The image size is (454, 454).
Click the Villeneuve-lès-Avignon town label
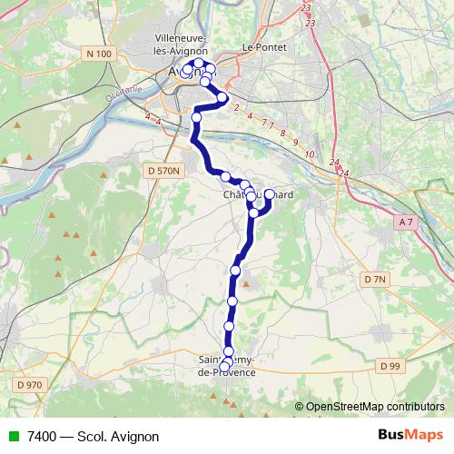tap(182, 44)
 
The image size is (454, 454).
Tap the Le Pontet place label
tap(259, 46)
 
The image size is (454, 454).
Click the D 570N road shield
tap(164, 170)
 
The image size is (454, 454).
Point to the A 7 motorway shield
tap(405, 221)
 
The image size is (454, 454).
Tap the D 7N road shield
tap(373, 280)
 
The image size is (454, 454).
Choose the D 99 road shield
tap(390, 365)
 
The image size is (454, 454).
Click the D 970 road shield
tap(30, 385)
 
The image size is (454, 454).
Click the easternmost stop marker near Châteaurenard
tap(269, 194)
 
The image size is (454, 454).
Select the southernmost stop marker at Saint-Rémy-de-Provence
tap(225, 366)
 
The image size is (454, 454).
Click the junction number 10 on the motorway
tap(309, 155)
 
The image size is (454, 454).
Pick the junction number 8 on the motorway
tap(283, 133)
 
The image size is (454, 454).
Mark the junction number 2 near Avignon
tap(236, 108)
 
